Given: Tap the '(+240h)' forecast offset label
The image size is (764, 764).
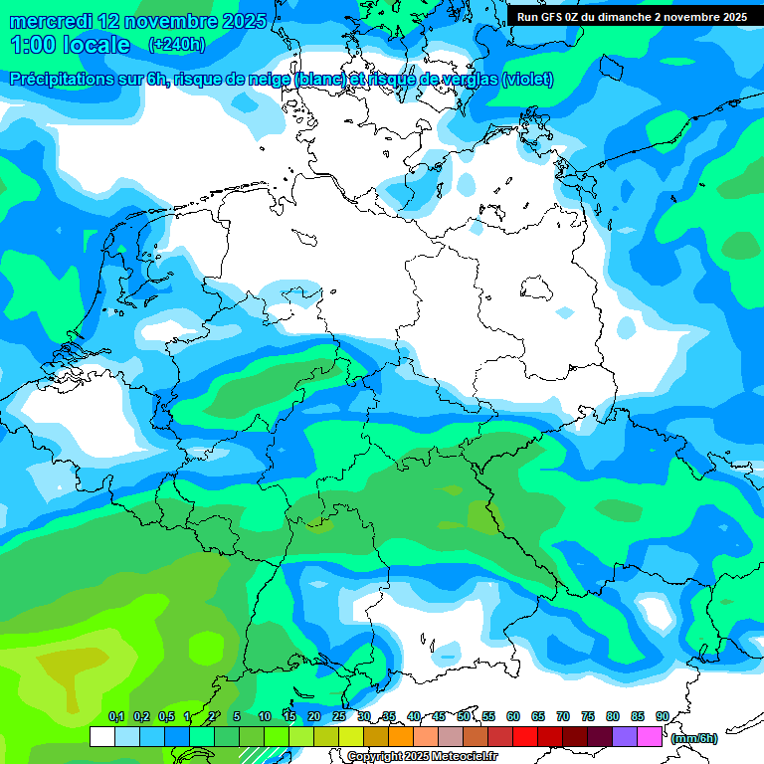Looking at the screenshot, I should (176, 45).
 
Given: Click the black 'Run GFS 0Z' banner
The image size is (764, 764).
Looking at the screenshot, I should (632, 17).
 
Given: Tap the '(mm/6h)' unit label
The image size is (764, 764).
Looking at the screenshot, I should (693, 738).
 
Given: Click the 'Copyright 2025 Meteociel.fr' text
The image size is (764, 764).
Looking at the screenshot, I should (423, 757).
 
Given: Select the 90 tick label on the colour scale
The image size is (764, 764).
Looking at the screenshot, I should (663, 716).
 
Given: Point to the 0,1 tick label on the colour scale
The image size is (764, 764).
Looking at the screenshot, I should (115, 716).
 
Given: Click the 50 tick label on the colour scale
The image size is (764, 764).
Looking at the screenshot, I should (464, 716).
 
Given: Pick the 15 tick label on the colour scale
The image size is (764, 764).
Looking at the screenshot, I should (289, 716).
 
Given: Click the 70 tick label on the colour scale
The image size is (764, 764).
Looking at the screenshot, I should (563, 716).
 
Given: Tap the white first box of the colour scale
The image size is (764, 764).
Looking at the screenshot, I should (102, 736).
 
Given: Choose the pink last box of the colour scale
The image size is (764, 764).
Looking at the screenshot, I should (650, 736).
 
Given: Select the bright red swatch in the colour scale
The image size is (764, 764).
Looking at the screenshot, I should (525, 736).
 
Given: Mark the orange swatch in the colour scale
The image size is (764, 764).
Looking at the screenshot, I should (401, 736).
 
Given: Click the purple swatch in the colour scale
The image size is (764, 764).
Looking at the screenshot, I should (625, 736).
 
